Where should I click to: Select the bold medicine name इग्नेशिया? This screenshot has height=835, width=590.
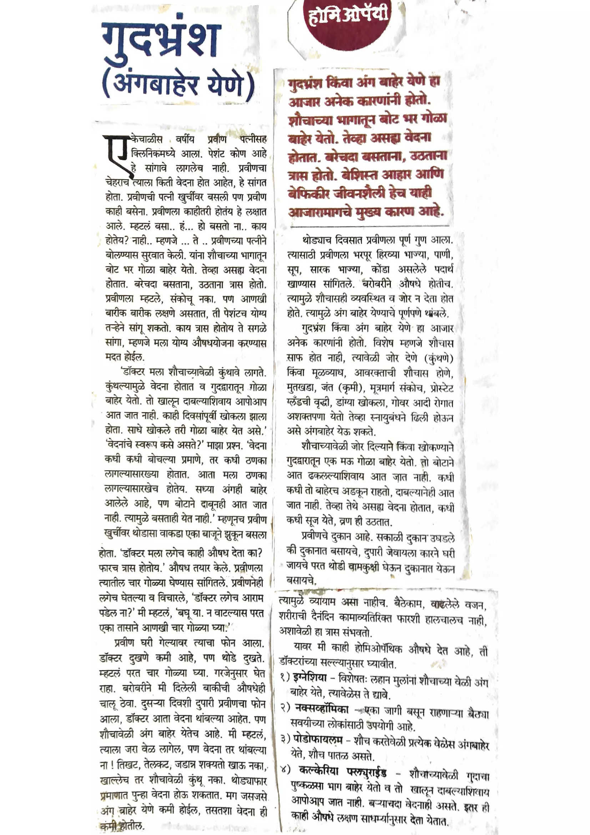310,677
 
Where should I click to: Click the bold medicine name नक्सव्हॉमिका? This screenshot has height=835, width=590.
321,709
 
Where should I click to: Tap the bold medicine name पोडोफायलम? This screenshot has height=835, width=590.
318,740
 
